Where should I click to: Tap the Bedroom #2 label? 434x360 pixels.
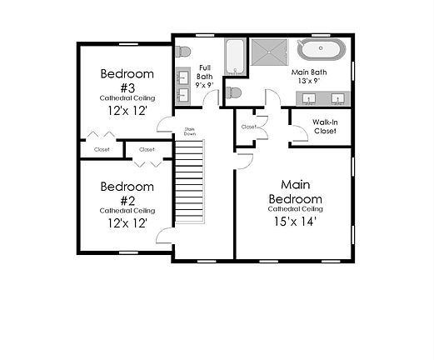click(127, 192)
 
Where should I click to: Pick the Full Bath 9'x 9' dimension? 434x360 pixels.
click(204, 84)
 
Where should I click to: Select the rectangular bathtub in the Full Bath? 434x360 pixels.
click(235, 56)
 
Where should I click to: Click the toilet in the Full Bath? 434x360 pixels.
click(182, 52)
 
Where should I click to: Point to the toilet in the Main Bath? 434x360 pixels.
click(234, 92)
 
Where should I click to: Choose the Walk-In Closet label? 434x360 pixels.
click(324, 127)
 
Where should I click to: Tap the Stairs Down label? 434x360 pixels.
click(189, 131)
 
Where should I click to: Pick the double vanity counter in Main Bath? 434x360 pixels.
click(324, 100)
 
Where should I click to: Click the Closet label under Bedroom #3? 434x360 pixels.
click(102, 150)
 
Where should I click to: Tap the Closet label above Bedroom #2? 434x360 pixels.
click(147, 150)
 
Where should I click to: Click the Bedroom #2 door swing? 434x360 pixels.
click(164, 236)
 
